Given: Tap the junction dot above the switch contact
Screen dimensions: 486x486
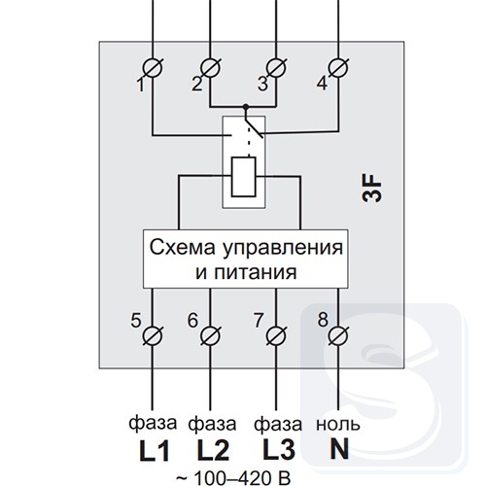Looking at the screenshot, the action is (x=246, y=106).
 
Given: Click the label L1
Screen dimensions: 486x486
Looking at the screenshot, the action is (x=155, y=450).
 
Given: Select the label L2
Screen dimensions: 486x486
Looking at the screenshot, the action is (x=213, y=450).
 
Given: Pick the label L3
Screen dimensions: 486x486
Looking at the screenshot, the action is (x=279, y=450).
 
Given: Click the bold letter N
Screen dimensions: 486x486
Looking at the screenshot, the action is (x=339, y=449).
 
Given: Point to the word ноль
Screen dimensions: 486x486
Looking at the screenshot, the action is (x=338, y=424).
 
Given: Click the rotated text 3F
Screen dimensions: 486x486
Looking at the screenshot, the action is (x=372, y=189).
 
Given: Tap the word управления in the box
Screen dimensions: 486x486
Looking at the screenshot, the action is (x=282, y=249).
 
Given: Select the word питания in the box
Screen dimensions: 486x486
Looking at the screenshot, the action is (x=255, y=273).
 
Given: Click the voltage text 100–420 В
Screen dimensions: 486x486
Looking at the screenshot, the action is (x=242, y=478).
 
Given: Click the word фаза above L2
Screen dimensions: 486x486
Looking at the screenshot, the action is (x=212, y=425).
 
